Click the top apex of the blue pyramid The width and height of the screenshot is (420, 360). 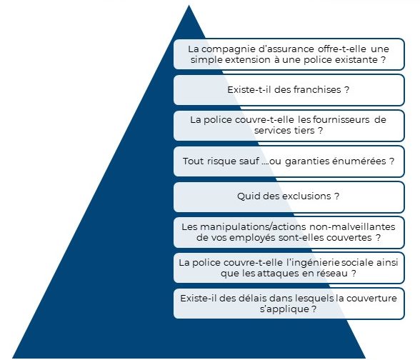(x=189, y=5)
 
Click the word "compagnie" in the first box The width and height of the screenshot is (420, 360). (x=227, y=49)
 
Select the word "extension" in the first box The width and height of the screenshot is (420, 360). (x=247, y=60)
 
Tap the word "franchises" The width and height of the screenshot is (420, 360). (x=317, y=90)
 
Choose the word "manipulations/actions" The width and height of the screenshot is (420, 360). (x=253, y=227)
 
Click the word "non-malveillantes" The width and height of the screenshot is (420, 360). (x=352, y=227)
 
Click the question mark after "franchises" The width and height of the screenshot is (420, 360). (x=346, y=90)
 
